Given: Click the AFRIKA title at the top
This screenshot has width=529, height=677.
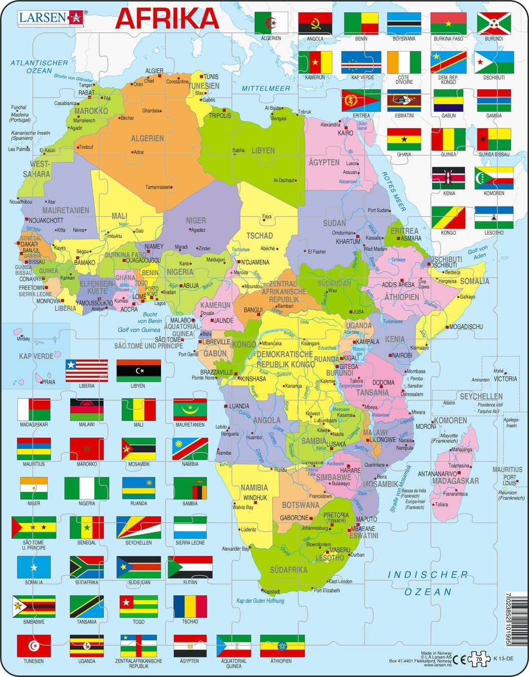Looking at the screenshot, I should pyautogui.click(x=167, y=19).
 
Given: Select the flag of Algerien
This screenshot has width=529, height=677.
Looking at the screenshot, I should pyautogui.click(x=271, y=23).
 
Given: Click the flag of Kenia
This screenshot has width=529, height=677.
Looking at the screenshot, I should pyautogui.click(x=449, y=178).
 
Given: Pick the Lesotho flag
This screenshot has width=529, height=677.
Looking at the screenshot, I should pyautogui.click(x=494, y=217).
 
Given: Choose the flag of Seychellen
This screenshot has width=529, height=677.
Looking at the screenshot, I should pyautogui.click(x=138, y=527).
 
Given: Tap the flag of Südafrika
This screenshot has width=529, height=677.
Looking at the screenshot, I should pyautogui.click(x=87, y=567).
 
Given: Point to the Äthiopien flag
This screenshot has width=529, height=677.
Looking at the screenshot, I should pyautogui.click(x=282, y=645).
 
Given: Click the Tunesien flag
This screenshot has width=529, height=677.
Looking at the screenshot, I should pyautogui.click(x=34, y=645).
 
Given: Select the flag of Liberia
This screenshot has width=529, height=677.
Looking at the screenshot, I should pyautogui.click(x=86, y=371).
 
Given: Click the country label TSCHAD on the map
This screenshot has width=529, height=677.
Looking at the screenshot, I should pyautogui.click(x=259, y=236).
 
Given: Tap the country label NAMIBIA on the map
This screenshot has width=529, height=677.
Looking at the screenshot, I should pyautogui.click(x=254, y=487).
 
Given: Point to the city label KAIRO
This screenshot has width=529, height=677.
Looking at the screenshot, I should pyautogui.click(x=345, y=133).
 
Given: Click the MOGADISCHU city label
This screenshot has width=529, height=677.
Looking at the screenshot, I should pyautogui.click(x=466, y=326).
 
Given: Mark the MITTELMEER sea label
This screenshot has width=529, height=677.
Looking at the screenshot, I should pyautogui.click(x=266, y=88).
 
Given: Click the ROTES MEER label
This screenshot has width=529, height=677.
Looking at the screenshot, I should pyautogui.click(x=394, y=191).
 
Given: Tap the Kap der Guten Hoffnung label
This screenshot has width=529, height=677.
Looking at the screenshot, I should pyautogui.click(x=260, y=600).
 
